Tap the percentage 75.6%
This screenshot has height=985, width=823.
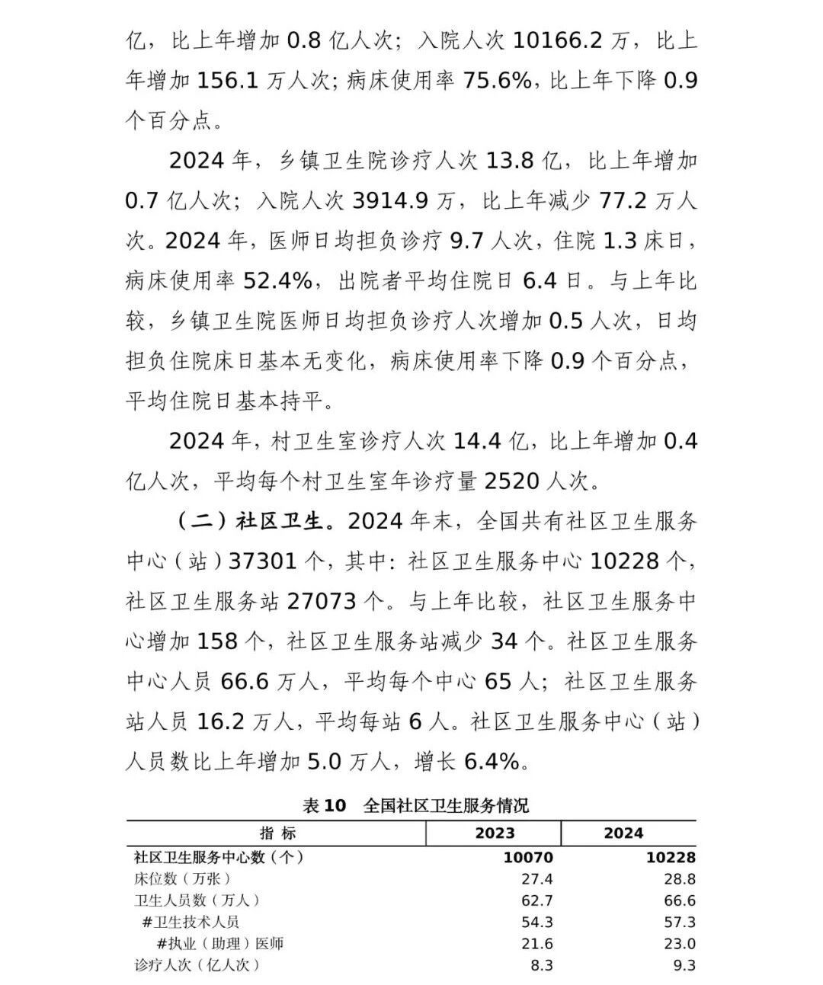[492, 80]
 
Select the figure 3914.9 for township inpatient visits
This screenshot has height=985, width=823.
[392, 200]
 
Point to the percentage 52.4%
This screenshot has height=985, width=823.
[277, 280]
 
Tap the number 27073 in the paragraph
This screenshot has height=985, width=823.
[321, 601]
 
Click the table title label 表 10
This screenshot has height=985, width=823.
[324, 805]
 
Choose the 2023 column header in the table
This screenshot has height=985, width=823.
[495, 833]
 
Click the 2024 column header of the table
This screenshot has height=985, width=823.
[623, 833]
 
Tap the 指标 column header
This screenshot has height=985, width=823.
[277, 833]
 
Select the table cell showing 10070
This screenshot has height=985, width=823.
[527, 857]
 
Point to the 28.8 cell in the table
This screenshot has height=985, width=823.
[680, 878]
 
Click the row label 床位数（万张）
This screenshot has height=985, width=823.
[182, 878]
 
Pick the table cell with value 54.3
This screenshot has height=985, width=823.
[537, 922]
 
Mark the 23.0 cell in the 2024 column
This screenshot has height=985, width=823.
[680, 943]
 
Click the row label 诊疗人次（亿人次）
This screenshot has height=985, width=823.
[197, 965]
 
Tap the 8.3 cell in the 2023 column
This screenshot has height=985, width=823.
[542, 965]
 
